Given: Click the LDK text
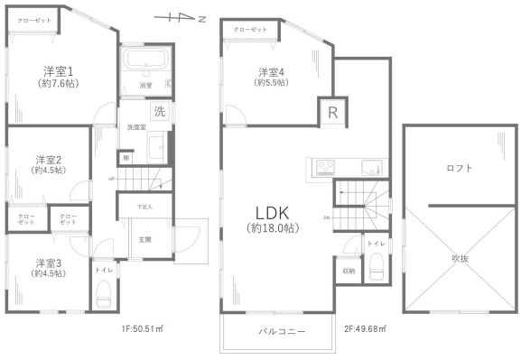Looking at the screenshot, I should coord(270,212).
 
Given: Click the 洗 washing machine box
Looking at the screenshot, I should coord(159,113).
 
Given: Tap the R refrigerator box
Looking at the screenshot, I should coord(332,114).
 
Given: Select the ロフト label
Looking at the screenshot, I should coord(460,168).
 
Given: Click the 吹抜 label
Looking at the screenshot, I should coord(460,259).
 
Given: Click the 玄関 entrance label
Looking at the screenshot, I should coord(144,239).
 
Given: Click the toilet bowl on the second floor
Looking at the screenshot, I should coord(377,267).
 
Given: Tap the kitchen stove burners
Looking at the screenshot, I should coord(324,166).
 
